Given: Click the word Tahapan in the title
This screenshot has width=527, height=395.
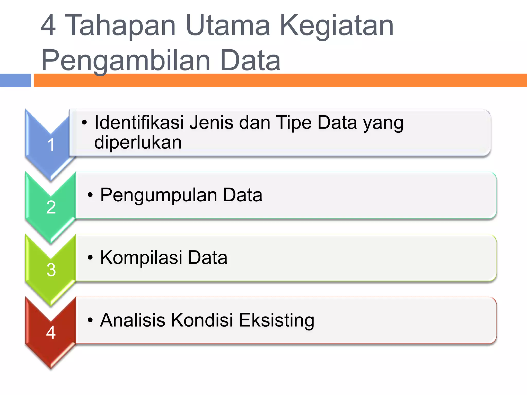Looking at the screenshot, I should click(120, 25).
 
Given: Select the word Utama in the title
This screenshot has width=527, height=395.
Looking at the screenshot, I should click(227, 25).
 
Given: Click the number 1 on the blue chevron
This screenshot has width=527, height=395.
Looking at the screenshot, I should click(51, 145).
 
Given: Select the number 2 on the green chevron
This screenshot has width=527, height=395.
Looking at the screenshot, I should click(51, 207).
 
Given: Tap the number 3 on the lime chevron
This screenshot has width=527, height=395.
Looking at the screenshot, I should click(51, 270).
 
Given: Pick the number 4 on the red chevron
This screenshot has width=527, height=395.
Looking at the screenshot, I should click(51, 332).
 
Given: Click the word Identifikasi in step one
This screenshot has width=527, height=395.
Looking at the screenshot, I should click(139, 122).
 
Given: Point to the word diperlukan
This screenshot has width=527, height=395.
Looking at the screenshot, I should click(138, 142).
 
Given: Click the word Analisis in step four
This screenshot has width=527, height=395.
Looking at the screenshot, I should click(133, 320).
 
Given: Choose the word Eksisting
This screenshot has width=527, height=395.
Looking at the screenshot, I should click(276, 321).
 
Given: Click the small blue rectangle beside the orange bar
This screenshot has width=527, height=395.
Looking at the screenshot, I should click(15, 80).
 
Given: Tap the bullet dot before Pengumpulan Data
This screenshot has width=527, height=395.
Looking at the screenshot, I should click(90, 195).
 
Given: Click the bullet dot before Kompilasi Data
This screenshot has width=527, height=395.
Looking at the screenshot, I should click(90, 258).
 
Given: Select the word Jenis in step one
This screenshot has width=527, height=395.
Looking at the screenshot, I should click(212, 122).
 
